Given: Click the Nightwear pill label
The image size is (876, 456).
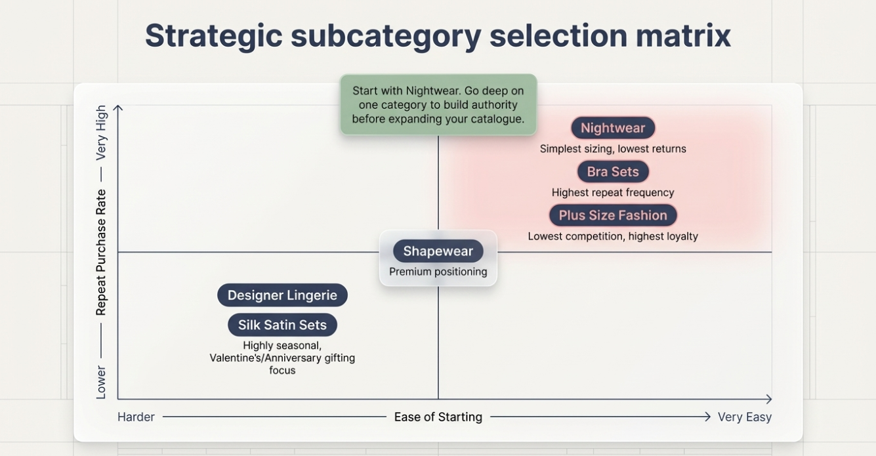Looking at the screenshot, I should coord(612,128).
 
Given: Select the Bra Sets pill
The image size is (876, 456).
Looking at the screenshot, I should coord(612,172).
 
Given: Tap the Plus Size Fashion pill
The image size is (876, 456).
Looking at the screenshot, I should coord(612,215).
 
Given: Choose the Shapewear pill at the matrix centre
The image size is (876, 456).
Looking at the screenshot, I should coord(438,251).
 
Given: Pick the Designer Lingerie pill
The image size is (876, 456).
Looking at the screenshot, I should coord(282,295).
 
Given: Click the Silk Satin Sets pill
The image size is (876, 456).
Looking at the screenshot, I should coord(282,325).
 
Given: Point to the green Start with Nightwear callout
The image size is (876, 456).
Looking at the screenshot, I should coord(438,105).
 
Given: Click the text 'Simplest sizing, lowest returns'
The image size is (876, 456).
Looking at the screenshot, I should coord(612,149).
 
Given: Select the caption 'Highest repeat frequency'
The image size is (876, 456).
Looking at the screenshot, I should coord(612,193).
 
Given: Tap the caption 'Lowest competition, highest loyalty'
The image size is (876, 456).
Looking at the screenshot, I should coord(612,236).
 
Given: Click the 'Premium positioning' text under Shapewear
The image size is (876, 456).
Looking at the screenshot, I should coord(438,272).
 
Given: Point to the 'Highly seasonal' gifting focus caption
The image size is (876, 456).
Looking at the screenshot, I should coord(282,358).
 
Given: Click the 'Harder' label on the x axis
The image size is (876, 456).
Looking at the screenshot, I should coord(136,417).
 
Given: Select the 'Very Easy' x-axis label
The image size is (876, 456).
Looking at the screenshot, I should coord(744,417).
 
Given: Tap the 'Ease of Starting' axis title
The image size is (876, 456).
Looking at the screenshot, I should coord(438,417).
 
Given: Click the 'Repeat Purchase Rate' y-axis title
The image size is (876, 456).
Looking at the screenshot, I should coord(101,252).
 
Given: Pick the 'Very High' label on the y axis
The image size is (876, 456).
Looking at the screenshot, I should coord(101,133).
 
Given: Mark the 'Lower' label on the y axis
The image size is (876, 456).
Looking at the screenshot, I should coord(101,382).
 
